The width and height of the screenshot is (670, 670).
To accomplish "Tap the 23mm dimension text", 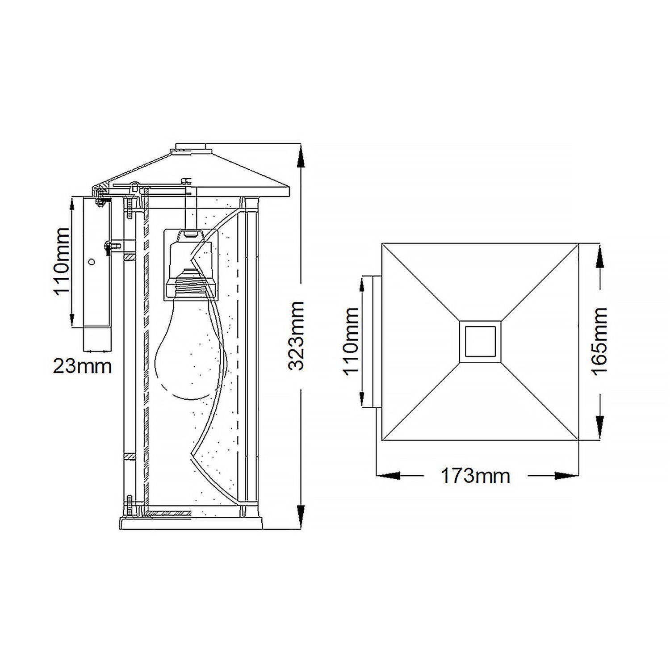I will click(82, 366).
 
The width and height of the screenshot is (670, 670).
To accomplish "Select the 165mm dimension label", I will click(599, 341).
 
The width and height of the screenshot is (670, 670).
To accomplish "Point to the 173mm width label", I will click(475, 476).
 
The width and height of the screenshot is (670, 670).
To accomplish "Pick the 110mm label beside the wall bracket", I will click(61, 262).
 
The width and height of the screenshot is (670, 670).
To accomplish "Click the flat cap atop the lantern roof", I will click(191, 147).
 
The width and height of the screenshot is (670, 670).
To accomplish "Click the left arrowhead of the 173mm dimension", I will click(387, 476).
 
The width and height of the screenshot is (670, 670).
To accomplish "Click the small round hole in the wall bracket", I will click(92, 263).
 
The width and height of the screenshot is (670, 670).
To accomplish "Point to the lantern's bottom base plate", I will click(191, 523).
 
